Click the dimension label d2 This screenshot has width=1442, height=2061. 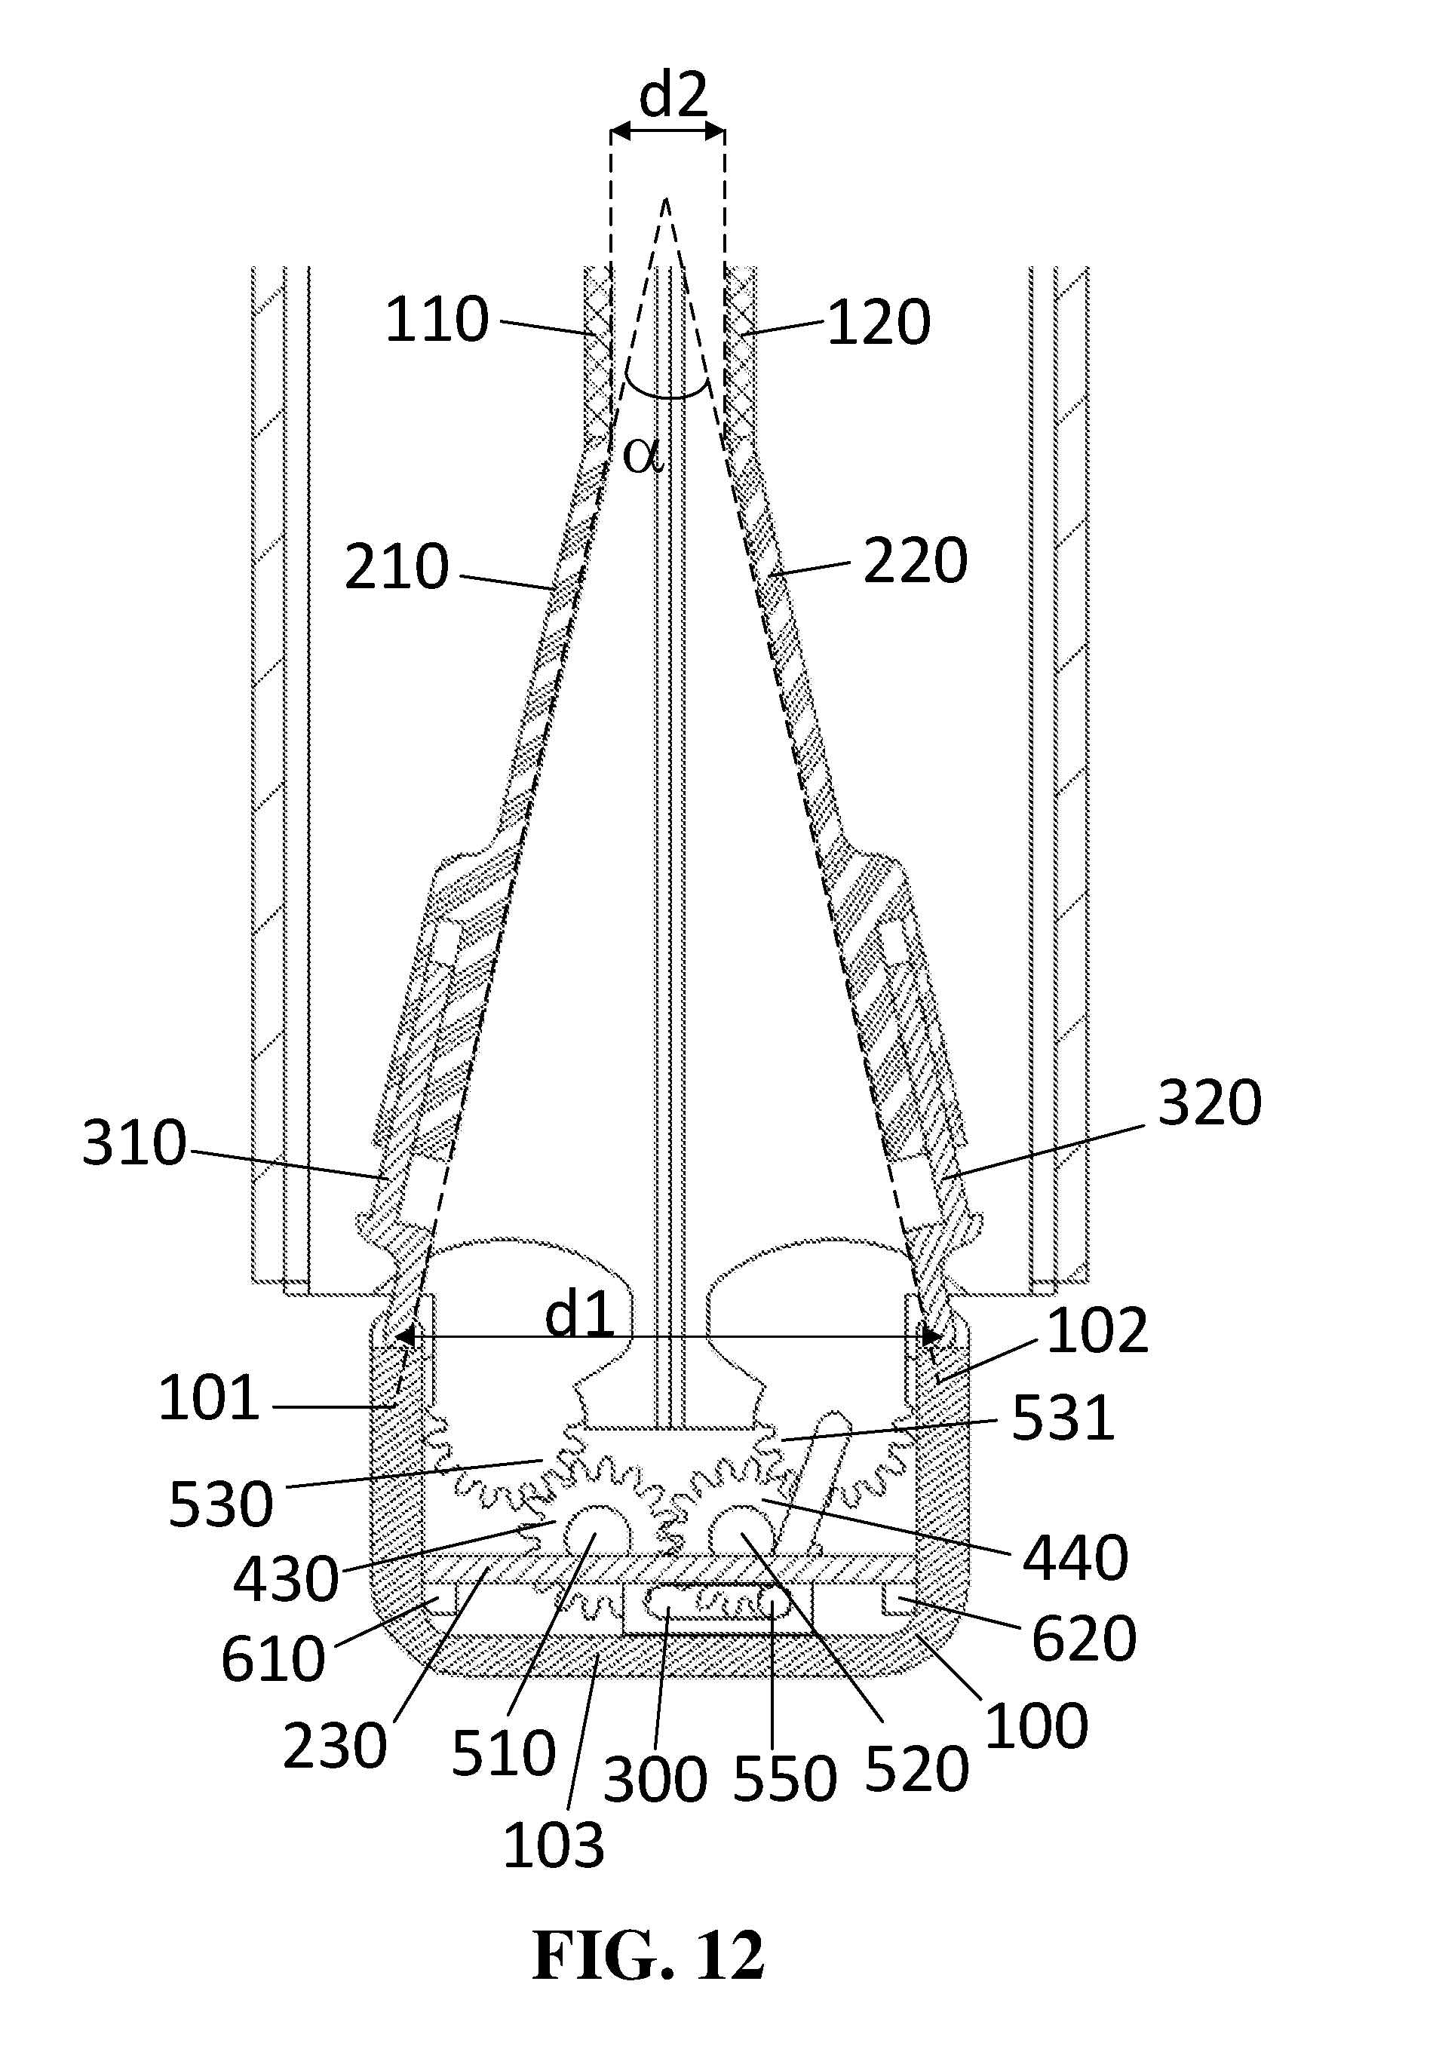coord(673,96)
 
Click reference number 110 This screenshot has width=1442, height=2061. coord(437,320)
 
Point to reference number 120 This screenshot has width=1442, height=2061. coord(878,324)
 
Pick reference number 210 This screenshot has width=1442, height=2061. coord(397,566)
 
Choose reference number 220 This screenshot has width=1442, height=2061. coord(916,561)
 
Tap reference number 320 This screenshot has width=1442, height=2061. coord(1210,1103)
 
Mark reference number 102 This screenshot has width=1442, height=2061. coord(1097,1330)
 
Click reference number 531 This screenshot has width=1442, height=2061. coord(1063,1419)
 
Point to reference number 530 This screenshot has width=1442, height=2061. coord(221,1504)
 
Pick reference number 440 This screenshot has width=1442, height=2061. coord(1075,1558)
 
